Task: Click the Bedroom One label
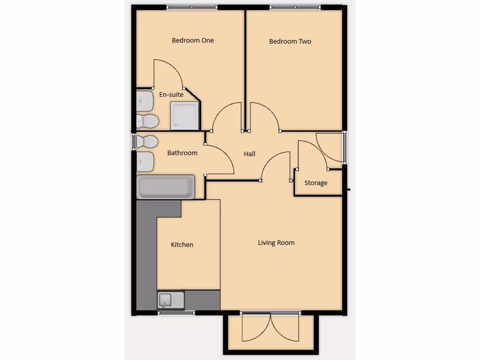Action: [x=193, y=40]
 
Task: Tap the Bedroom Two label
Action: [x=290, y=41]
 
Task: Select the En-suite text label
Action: [x=171, y=95]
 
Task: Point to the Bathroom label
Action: [x=182, y=153]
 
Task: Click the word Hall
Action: [x=249, y=154]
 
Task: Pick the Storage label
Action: [x=316, y=183]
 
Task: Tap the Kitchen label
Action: [x=182, y=245]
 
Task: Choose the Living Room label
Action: [x=276, y=243]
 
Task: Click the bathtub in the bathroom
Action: [x=165, y=187]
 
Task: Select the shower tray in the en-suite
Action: [x=184, y=115]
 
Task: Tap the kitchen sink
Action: [x=171, y=300]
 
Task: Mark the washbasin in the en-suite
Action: [x=145, y=101]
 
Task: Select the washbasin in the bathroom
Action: [x=145, y=161]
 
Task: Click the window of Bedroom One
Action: [x=192, y=7]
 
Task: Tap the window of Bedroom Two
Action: [x=295, y=7]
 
